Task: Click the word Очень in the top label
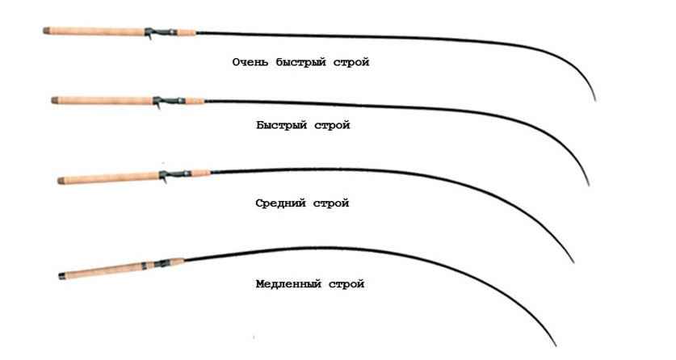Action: point(250,62)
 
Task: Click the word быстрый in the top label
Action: point(301,62)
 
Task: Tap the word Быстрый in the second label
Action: point(281,125)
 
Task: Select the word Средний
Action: point(280,203)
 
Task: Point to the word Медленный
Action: point(288,284)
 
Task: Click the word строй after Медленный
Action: point(346,285)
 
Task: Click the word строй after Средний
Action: point(331,203)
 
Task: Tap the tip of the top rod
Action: point(595,101)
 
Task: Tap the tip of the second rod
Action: point(590,186)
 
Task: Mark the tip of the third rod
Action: point(573,262)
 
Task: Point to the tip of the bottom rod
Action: point(556,345)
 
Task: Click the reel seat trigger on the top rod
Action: point(149,36)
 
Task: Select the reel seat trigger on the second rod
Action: point(157,106)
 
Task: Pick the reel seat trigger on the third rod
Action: point(164,180)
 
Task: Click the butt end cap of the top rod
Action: point(46,31)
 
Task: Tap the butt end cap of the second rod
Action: point(54,100)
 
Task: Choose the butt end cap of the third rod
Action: point(61,181)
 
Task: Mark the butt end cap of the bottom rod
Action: point(61,276)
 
